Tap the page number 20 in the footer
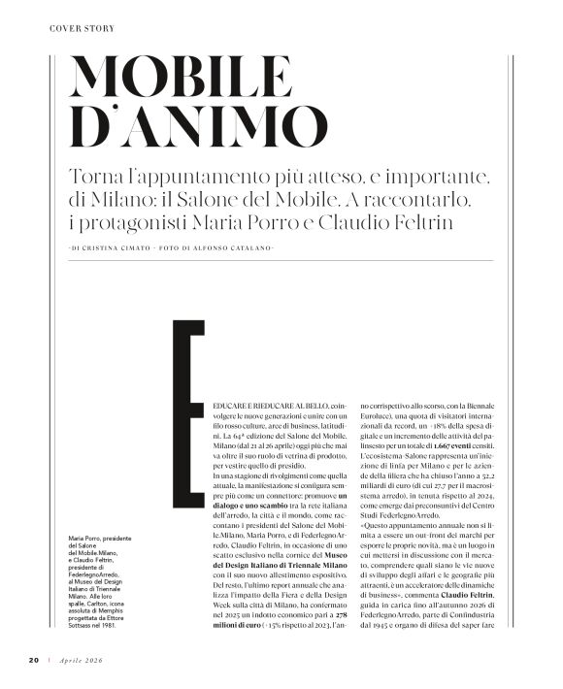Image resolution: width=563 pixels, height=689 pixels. (x=31, y=660)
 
